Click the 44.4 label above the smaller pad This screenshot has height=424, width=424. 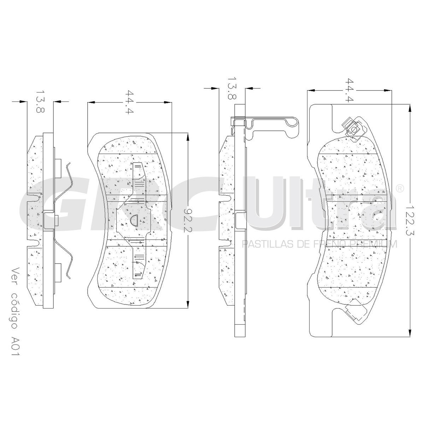pyautogui.click(x=129, y=102)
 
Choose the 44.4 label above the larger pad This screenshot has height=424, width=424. pyautogui.click(x=349, y=90)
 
